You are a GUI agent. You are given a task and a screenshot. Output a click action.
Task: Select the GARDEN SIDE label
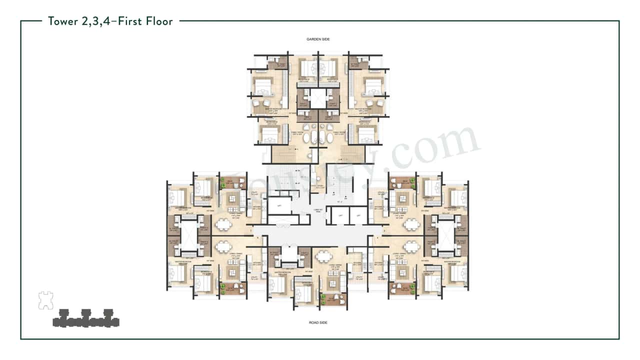[318, 39]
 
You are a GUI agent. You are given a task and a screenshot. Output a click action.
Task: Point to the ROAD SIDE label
[318, 323]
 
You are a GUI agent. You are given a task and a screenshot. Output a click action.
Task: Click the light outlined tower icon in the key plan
[45, 299]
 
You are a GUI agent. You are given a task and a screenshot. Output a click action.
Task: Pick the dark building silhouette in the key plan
[86, 318]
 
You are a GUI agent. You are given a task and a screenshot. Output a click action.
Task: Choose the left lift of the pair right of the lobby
[340, 215]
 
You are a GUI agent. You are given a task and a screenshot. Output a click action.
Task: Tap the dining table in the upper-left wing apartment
[223, 224]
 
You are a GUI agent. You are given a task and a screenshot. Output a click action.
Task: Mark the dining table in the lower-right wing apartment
[411, 247]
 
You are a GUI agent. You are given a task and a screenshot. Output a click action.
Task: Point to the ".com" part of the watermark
[440, 145]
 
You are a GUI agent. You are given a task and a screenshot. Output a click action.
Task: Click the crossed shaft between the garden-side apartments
[318, 98]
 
